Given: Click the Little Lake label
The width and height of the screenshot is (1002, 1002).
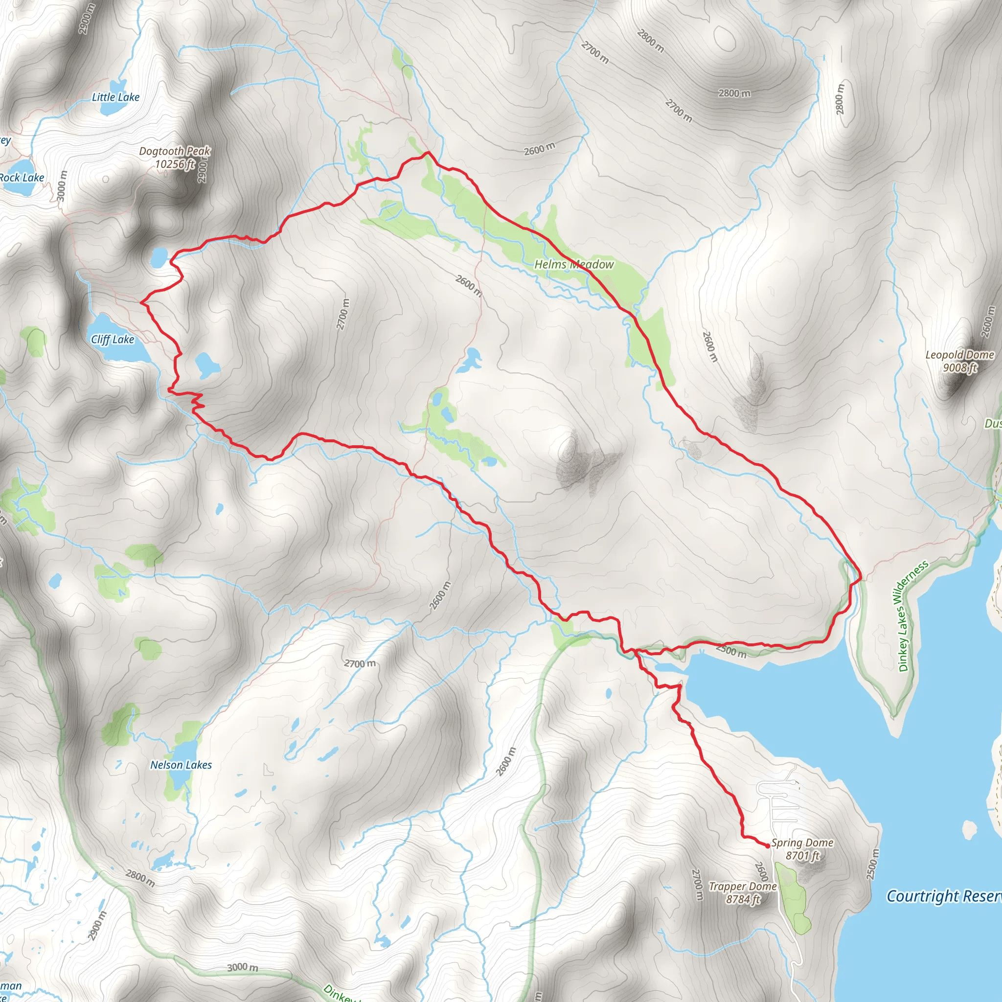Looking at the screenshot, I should (115, 97).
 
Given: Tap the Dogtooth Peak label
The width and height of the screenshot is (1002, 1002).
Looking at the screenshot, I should (174, 151).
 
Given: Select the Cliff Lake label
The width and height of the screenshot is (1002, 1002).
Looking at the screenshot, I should (112, 339).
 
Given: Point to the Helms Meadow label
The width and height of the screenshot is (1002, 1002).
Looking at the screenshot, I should (573, 265).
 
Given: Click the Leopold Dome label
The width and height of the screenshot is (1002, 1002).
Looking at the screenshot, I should (959, 355).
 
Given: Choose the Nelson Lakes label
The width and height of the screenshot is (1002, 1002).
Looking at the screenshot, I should (181, 765).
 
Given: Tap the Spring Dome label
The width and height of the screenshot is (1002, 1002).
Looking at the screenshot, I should (802, 843).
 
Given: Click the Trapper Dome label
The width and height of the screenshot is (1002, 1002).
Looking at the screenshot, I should (742, 887).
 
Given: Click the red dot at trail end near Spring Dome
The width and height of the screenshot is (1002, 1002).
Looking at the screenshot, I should (768, 846).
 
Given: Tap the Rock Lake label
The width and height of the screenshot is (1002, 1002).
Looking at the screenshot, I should (22, 178).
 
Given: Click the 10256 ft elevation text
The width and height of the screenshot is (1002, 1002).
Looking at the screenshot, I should (175, 164).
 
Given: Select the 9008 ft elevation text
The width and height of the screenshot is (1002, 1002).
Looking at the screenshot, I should (959, 368).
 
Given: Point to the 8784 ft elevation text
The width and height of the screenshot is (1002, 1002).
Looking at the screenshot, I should (743, 899).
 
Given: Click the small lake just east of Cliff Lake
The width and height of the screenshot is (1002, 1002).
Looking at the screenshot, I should (207, 364).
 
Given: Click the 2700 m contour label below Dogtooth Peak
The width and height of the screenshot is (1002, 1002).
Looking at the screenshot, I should (343, 314).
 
